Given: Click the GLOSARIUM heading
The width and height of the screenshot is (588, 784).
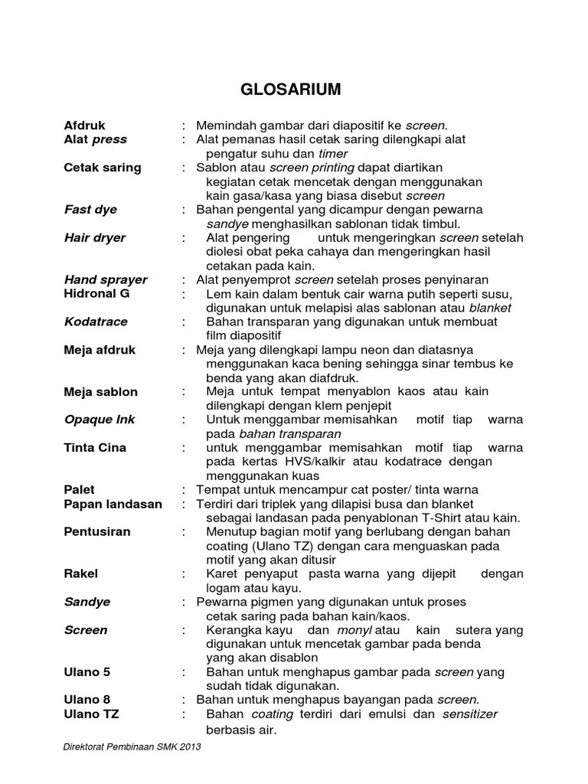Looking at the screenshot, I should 291,90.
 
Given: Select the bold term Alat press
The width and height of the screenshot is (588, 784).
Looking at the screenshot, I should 96,139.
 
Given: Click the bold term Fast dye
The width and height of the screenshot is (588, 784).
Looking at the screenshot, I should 90,209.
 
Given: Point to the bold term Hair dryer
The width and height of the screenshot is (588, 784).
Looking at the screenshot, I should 95,237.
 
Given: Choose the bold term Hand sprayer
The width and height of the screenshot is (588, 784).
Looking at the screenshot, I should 106,279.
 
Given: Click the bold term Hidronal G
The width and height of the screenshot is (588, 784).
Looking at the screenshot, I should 97,293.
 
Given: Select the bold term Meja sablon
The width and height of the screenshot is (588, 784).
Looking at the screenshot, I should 101,392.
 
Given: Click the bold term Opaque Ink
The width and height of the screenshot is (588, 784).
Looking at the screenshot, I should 100,420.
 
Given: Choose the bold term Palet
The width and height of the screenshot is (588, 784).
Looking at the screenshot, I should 80,489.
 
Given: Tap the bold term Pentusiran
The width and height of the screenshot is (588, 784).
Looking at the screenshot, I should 97,531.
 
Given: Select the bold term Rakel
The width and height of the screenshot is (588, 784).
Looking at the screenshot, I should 81,573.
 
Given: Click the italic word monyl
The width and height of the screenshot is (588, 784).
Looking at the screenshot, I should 354,630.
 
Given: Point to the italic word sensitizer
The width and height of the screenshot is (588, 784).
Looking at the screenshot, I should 470,714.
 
